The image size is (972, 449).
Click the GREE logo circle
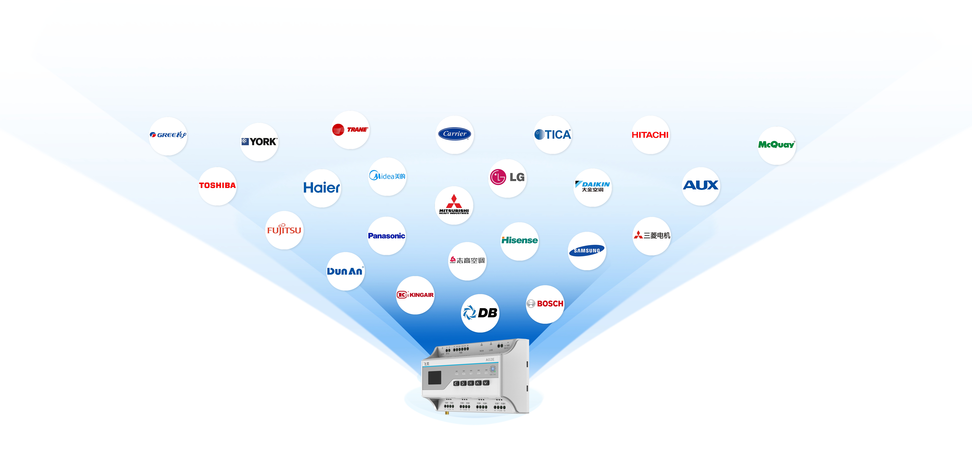pyautogui.click(x=168, y=135)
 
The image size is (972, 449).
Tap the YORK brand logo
pyautogui.click(x=259, y=142)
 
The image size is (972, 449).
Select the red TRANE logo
pyautogui.click(x=350, y=129)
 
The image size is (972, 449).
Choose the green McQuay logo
pyautogui.click(x=776, y=145)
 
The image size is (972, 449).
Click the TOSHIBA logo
pyautogui.click(x=217, y=185)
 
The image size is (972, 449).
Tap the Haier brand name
pyautogui.click(x=322, y=188)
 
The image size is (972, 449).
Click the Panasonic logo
pyautogui.click(x=386, y=236)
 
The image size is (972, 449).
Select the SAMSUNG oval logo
pyautogui.click(x=587, y=251)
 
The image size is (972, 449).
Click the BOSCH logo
pyautogui.click(x=545, y=304)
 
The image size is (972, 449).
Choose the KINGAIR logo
pyautogui.click(x=415, y=295)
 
